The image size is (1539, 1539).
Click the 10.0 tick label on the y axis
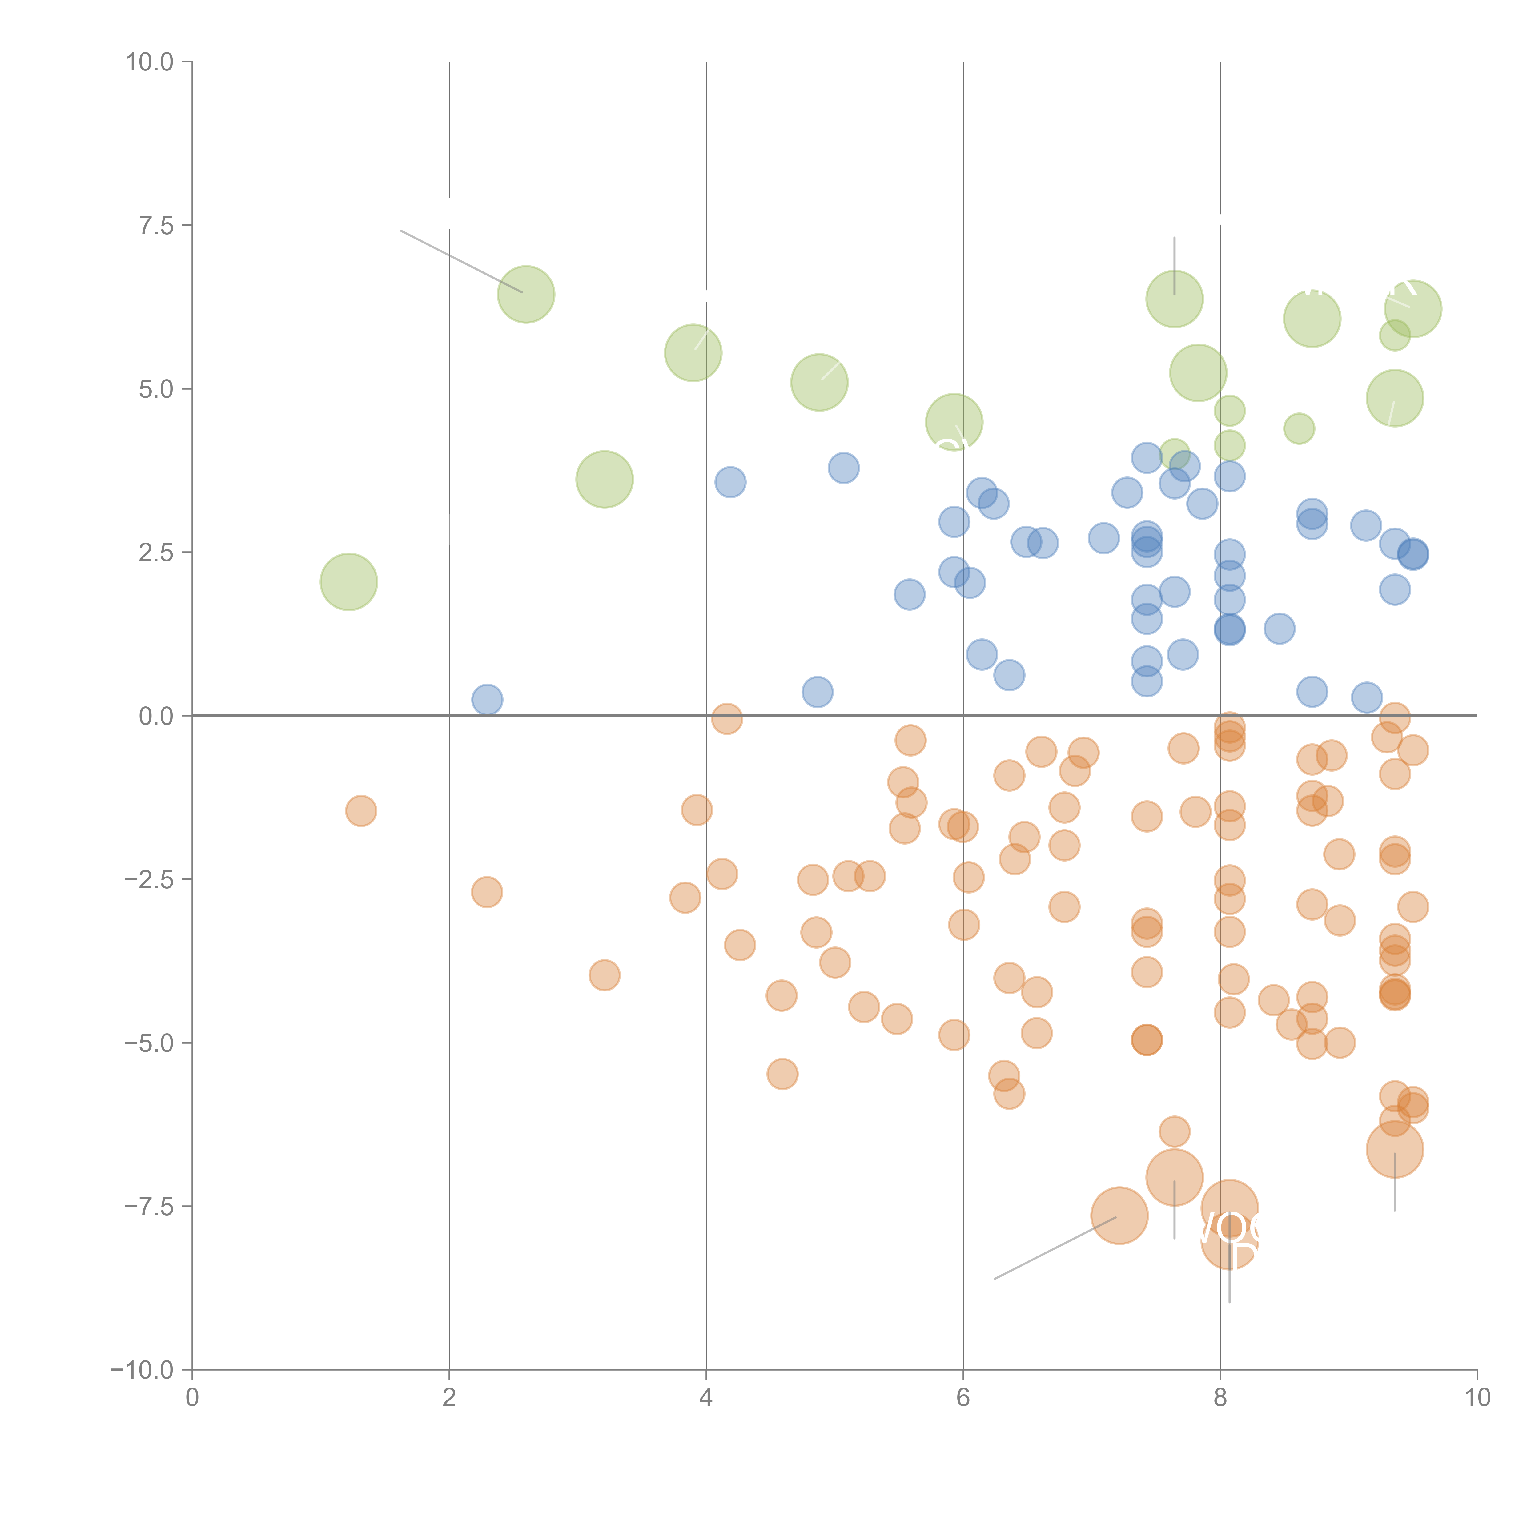(150, 62)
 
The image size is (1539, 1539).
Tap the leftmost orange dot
(361, 811)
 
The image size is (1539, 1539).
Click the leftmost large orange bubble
(1119, 1216)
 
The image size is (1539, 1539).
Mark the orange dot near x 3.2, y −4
(605, 975)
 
